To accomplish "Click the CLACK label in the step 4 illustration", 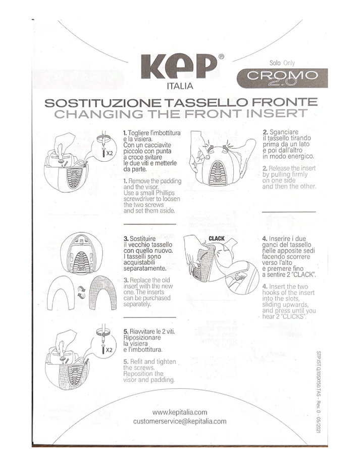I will [217, 239].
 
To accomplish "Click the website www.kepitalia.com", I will [180, 412].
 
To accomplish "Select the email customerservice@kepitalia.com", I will [180, 422].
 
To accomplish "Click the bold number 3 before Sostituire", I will [126, 238].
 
